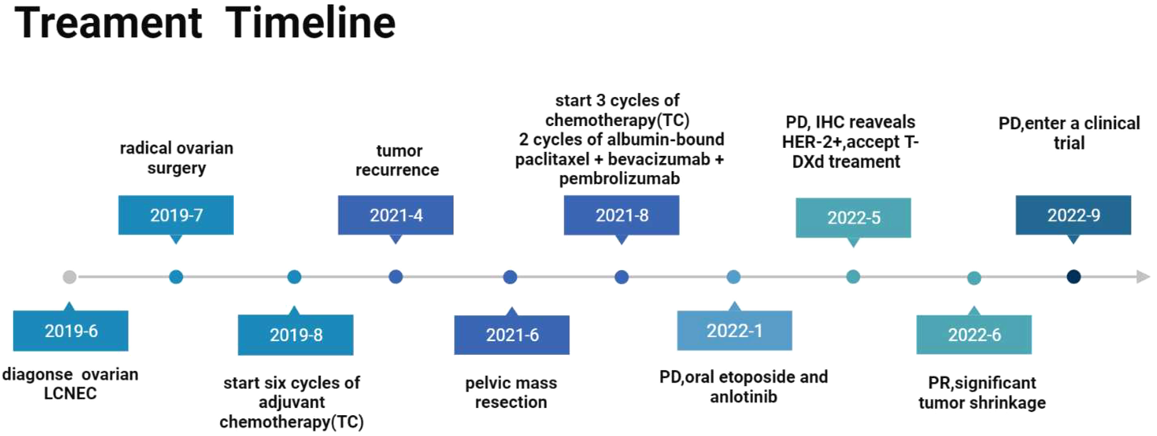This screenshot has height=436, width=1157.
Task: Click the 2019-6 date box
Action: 70,330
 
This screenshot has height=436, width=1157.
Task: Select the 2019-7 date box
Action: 176,215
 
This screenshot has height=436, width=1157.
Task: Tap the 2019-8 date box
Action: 295,335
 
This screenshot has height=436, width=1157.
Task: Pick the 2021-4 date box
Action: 396,215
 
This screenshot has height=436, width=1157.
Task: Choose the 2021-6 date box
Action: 512,335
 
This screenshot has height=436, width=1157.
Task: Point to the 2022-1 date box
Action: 734,330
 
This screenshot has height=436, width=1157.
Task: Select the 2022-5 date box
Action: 853,218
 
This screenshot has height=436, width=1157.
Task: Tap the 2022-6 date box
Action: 974,335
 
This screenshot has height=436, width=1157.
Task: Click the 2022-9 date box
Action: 1074,215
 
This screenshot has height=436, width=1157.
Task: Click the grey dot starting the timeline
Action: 70,277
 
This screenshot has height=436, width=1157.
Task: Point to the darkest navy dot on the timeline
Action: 1074,277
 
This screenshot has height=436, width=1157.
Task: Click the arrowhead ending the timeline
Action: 1143,277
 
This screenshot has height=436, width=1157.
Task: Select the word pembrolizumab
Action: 619,179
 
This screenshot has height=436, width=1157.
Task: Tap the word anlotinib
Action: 743,397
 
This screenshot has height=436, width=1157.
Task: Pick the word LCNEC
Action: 70,393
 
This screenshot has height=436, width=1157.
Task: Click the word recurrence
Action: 397,170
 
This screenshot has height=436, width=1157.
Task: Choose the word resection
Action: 511,402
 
